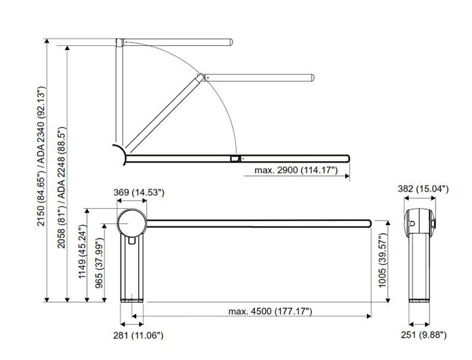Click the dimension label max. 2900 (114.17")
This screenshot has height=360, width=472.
(296, 170)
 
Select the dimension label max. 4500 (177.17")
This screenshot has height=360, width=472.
(270, 311)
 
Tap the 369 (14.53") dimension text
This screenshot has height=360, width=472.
(139, 192)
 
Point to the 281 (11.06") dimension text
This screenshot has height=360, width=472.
(138, 335)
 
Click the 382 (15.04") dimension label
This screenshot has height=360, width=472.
(423, 189)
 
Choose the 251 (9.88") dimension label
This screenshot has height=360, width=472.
(423, 334)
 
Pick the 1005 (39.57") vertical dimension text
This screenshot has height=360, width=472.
(382, 260)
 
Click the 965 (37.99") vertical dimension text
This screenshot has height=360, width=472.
(99, 263)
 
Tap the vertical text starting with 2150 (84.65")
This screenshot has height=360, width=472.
(40, 156)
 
